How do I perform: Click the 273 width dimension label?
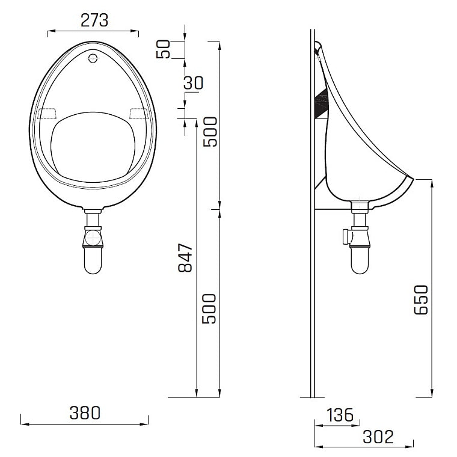coord(94,20)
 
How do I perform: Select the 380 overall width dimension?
coord(84,413)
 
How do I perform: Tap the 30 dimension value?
coord(194,82)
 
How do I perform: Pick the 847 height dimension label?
coord(186,257)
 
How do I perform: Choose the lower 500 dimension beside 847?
coord(209,308)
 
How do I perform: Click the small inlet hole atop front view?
coord(92,58)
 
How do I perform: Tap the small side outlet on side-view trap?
coord(344,236)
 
